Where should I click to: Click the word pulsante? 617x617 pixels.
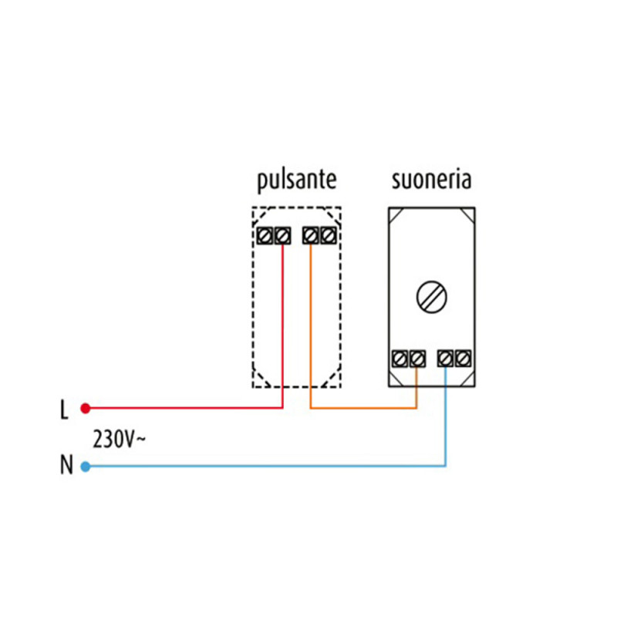point(296,181)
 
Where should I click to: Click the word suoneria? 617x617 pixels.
point(431,180)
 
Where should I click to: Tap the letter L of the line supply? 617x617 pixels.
point(64,410)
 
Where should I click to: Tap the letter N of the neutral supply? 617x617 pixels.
point(65,466)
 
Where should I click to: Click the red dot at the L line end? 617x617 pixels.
point(86,407)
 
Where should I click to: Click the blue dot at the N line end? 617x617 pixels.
point(86,466)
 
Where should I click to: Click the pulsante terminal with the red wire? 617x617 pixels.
point(282,234)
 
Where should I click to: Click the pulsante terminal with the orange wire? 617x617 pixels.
point(311,234)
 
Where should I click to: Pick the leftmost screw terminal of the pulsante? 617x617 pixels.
point(265,234)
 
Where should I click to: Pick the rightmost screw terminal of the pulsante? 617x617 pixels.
point(328,234)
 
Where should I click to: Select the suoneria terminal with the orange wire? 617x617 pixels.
point(416,358)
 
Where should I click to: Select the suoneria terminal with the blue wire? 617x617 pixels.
point(446,358)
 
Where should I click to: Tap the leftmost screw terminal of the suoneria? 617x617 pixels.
point(400,358)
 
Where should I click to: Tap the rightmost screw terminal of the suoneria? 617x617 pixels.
point(463,358)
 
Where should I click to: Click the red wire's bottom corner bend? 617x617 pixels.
point(282,407)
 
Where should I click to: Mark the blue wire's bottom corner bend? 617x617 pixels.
point(446,466)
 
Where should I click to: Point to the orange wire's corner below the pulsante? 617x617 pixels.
point(311,407)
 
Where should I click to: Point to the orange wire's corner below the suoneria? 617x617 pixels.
point(416,407)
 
